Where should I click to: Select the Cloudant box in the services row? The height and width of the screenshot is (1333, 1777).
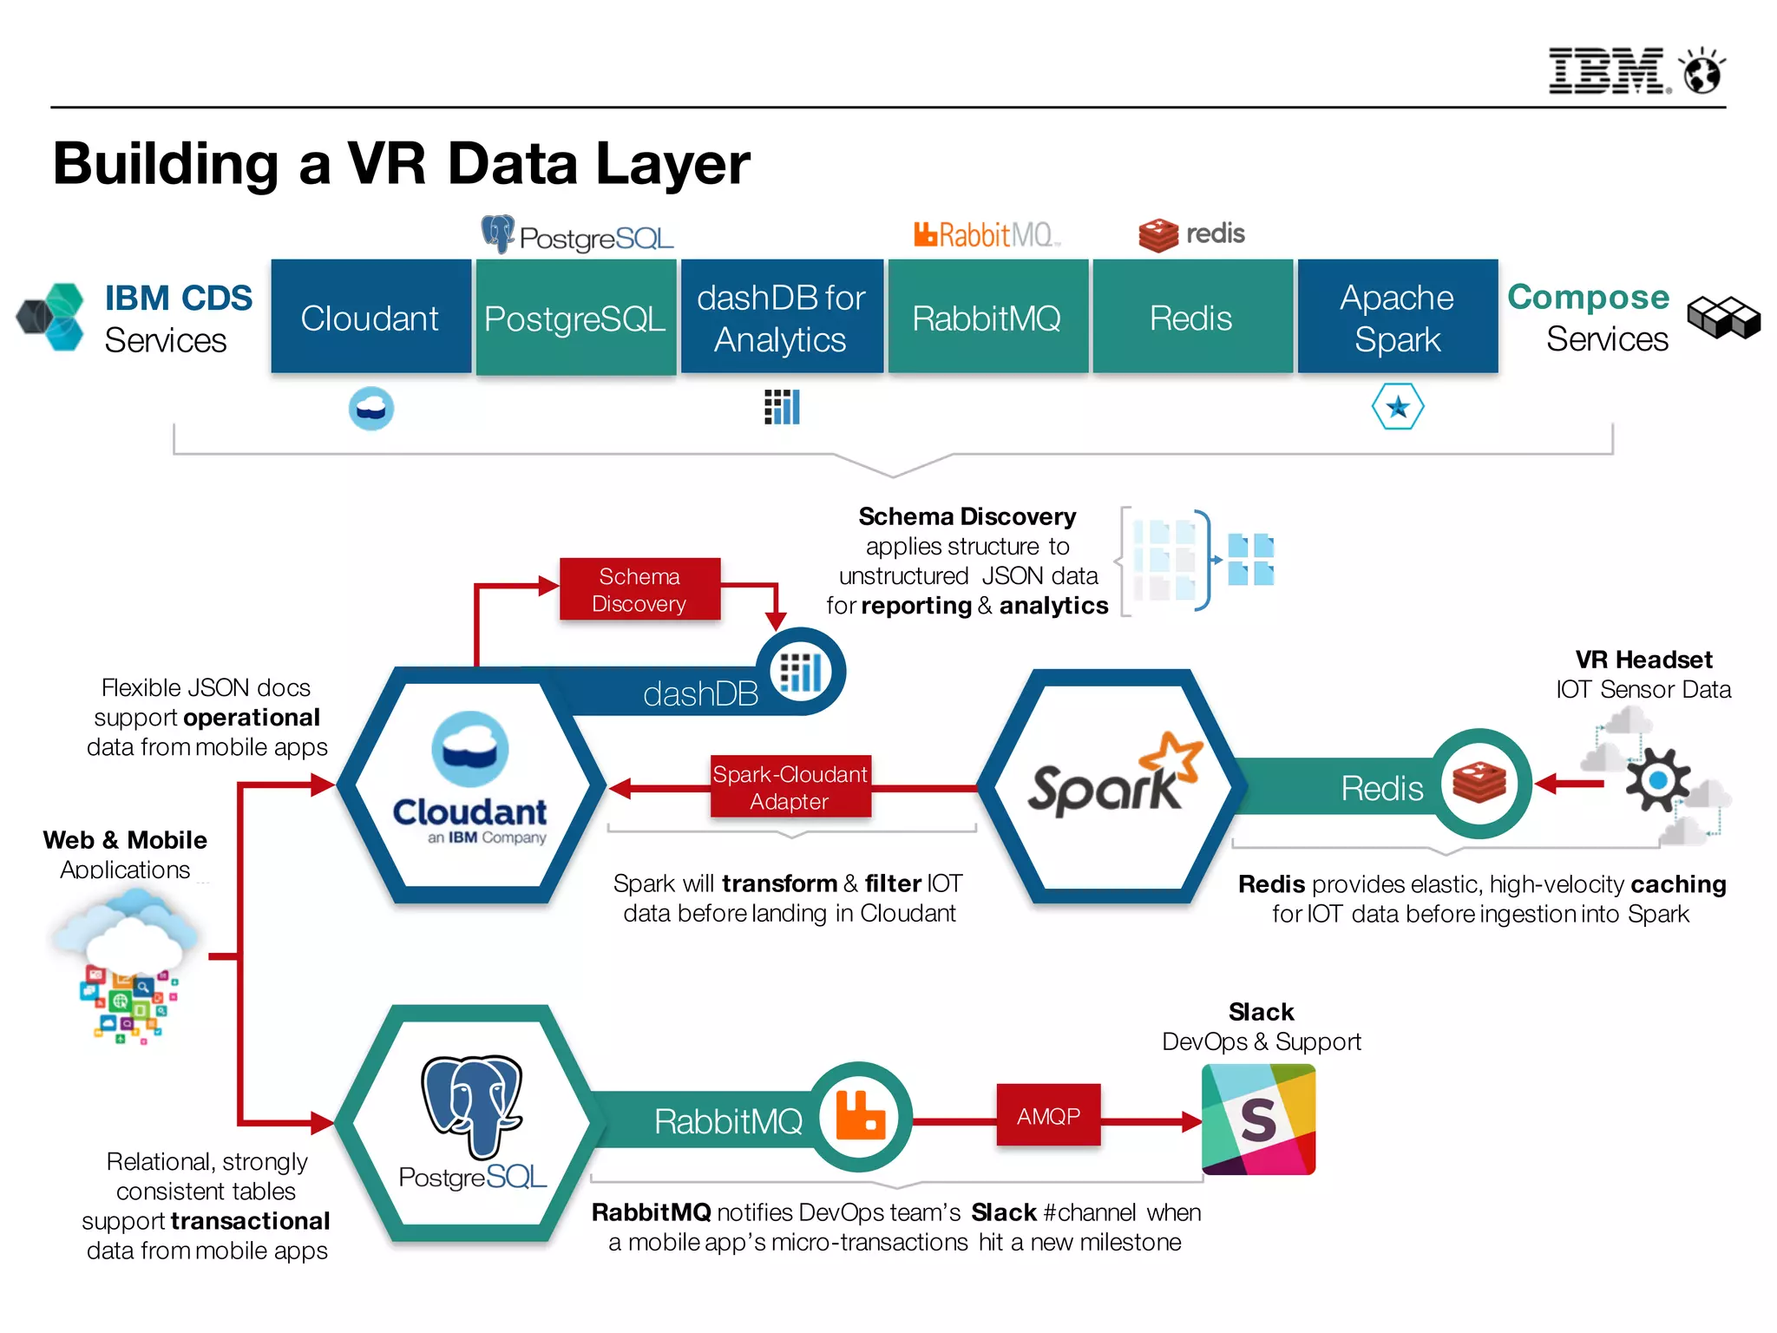point(370,318)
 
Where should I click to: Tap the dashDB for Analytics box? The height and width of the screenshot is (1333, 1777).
point(781,318)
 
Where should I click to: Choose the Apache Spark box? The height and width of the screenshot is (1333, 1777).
point(1397,318)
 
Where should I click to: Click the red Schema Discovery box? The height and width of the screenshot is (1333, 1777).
point(639,589)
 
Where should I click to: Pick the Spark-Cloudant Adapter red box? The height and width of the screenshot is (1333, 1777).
point(790,787)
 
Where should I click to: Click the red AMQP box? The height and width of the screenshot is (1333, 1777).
point(1048,1116)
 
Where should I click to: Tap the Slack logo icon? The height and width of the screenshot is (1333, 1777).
point(1258,1120)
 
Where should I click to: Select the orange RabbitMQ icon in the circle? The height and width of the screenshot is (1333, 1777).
point(860,1117)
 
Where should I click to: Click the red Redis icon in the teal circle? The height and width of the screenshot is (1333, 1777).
point(1479,783)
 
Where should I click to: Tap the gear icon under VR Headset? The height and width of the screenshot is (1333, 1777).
point(1657,779)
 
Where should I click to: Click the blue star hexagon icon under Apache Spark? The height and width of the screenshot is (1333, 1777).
point(1397,407)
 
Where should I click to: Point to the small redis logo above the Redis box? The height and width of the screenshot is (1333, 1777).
point(1191,234)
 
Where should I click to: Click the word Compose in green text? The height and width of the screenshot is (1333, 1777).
point(1588,297)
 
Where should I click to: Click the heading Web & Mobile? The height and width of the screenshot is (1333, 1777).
point(125,840)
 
